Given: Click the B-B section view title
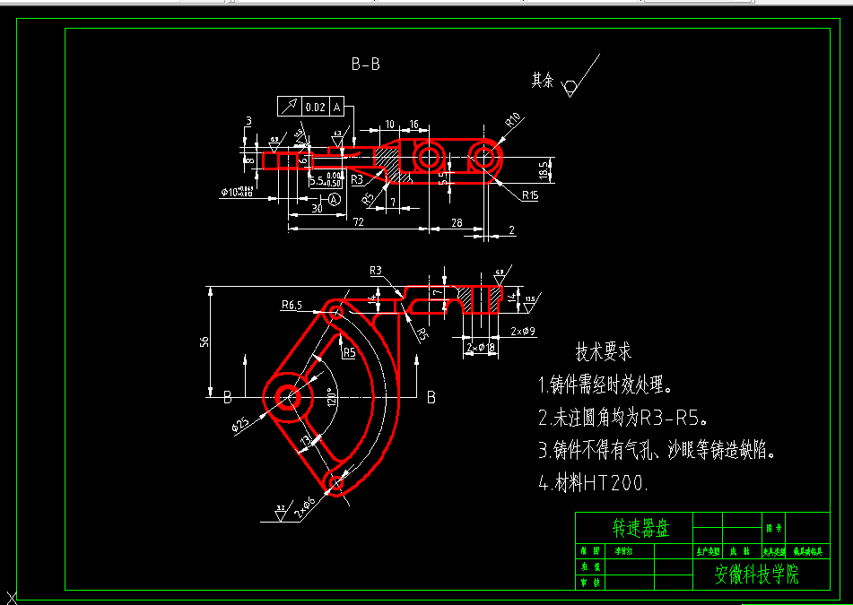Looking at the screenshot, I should click(365, 64).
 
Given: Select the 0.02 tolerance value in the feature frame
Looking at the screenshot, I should click(315, 107).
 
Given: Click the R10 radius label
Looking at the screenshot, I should click(513, 118).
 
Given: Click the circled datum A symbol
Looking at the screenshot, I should click(334, 200).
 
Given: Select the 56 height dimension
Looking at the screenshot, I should click(204, 341).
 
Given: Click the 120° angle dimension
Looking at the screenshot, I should click(330, 395).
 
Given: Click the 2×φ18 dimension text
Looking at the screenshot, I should click(481, 346).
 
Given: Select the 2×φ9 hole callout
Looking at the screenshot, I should click(522, 332).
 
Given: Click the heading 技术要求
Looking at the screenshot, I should click(603, 351).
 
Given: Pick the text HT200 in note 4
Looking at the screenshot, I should click(614, 483).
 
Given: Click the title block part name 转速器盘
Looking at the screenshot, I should click(640, 527).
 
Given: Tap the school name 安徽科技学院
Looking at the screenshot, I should click(755, 575).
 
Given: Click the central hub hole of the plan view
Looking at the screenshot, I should click(288, 395).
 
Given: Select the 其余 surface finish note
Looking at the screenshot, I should click(542, 81).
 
